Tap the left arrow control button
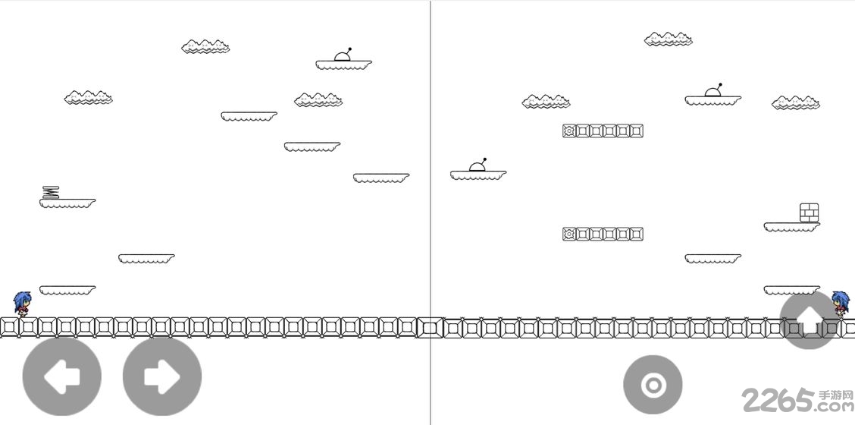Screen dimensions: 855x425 coord(61,376)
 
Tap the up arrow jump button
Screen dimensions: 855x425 coord(810,320)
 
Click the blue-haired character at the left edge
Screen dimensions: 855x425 coord(22,304)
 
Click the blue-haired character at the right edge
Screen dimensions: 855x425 coord(841,304)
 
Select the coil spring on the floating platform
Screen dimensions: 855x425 coord(51,192)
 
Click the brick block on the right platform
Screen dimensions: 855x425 coord(810,212)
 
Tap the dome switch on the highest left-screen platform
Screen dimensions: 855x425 coord(343,55)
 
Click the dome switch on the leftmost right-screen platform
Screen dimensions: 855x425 coord(478,165)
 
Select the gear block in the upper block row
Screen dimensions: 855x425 coord(569,131)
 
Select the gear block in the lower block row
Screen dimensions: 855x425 coord(569,234)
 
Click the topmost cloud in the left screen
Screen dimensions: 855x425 coord(205,46)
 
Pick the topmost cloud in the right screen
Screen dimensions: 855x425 coord(669,39)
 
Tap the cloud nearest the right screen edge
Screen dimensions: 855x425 coord(796,102)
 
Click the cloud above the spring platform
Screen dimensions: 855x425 coord(89,98)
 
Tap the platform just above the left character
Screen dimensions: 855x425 coord(67,290)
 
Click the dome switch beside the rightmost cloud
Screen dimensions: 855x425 coord(713,90)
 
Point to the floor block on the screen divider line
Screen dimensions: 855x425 coord(430,328)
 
